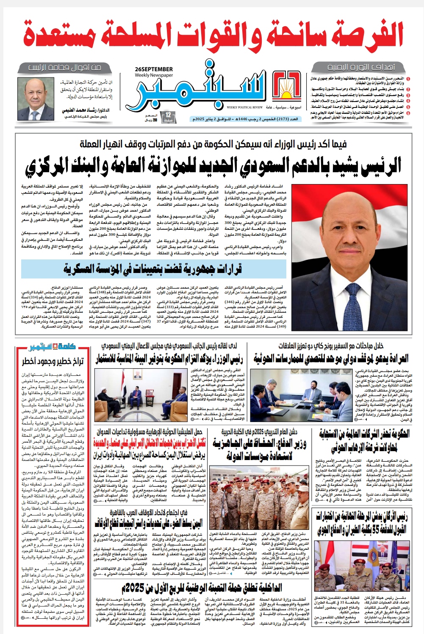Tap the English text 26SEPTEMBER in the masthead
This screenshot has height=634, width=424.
(154, 69)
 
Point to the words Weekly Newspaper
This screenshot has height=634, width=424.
(154, 75)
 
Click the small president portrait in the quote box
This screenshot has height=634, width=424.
(33, 99)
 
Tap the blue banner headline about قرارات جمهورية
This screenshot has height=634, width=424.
(152, 269)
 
